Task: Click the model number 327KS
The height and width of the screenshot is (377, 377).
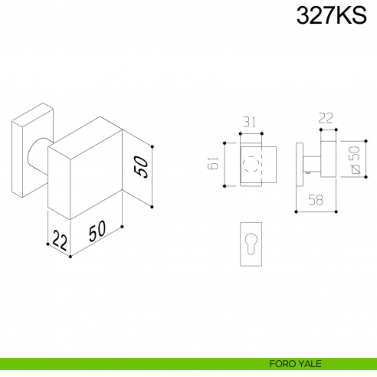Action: [x=331, y=15]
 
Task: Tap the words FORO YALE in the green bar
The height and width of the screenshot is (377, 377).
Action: [x=295, y=364]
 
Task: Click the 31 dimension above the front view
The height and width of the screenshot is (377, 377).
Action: [x=249, y=122]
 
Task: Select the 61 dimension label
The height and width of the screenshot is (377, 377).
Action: [x=213, y=163]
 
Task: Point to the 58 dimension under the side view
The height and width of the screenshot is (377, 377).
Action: [x=316, y=200]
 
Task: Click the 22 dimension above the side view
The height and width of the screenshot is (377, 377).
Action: [x=326, y=118]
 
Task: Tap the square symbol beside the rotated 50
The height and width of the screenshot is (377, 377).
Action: [x=356, y=169]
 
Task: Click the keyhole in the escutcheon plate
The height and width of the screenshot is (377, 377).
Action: [x=251, y=244]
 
